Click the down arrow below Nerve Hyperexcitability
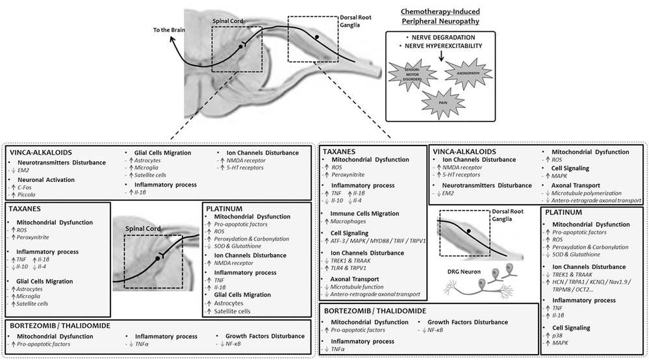tap(441, 58)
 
